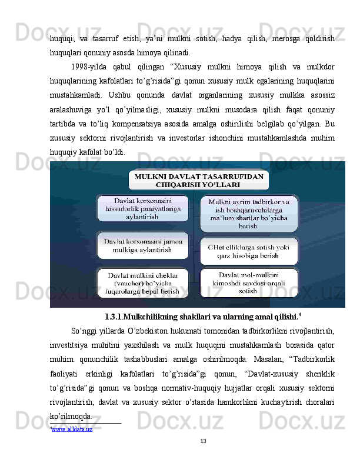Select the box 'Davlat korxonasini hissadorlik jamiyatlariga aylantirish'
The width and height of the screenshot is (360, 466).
[x=144, y=209]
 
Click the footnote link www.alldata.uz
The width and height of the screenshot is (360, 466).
[x=72, y=430]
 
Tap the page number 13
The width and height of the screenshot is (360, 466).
[x=204, y=442]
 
